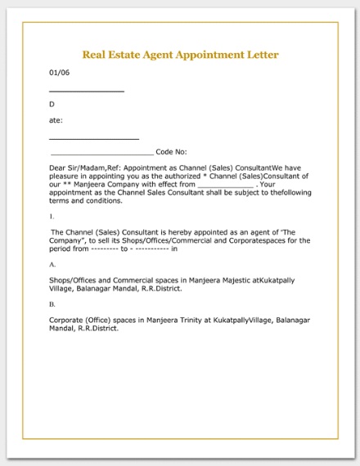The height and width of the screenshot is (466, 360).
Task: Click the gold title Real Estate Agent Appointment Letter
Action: click(180, 55)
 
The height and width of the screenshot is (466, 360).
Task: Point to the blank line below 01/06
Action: click(87, 91)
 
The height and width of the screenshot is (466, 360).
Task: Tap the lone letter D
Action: click(52, 104)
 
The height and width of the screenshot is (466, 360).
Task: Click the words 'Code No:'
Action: click(171, 152)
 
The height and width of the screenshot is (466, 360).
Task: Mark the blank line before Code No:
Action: click(101, 154)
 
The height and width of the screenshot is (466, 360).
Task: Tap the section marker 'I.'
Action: click(52, 217)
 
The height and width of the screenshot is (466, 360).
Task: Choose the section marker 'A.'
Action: click(52, 265)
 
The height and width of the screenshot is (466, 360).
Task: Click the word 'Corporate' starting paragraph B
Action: click(68, 320)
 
